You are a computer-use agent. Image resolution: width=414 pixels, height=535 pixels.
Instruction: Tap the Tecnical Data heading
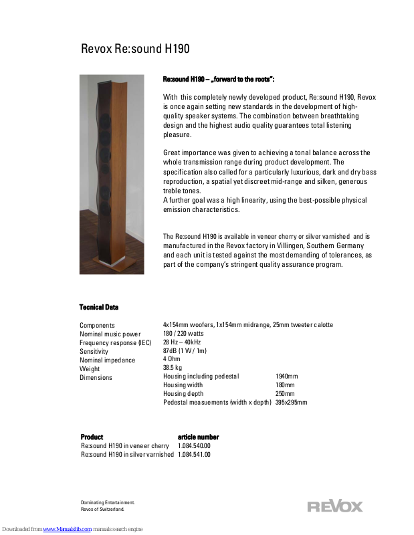click(x=99, y=307)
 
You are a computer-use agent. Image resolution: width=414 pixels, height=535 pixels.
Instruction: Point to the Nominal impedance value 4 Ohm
click(x=172, y=359)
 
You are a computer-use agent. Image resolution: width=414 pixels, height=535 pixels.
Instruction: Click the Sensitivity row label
click(x=94, y=351)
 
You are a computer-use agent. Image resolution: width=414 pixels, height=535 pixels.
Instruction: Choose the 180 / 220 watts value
click(x=183, y=334)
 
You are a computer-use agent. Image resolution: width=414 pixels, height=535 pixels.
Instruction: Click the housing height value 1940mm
click(x=286, y=377)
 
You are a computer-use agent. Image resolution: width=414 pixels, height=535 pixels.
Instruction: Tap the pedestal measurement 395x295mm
click(x=291, y=403)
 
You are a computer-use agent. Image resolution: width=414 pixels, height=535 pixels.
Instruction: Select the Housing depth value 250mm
click(x=285, y=394)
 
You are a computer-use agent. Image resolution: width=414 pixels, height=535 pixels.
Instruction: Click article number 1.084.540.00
click(x=194, y=446)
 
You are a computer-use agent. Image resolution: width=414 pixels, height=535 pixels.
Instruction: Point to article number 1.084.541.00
click(x=194, y=455)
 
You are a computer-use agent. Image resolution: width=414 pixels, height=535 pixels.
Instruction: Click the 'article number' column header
click(x=198, y=437)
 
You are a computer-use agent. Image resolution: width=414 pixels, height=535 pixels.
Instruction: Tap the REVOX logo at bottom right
click(x=334, y=506)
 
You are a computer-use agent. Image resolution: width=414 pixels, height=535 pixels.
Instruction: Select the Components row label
click(x=97, y=326)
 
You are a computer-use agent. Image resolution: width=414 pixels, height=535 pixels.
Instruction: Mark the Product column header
click(x=92, y=437)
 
